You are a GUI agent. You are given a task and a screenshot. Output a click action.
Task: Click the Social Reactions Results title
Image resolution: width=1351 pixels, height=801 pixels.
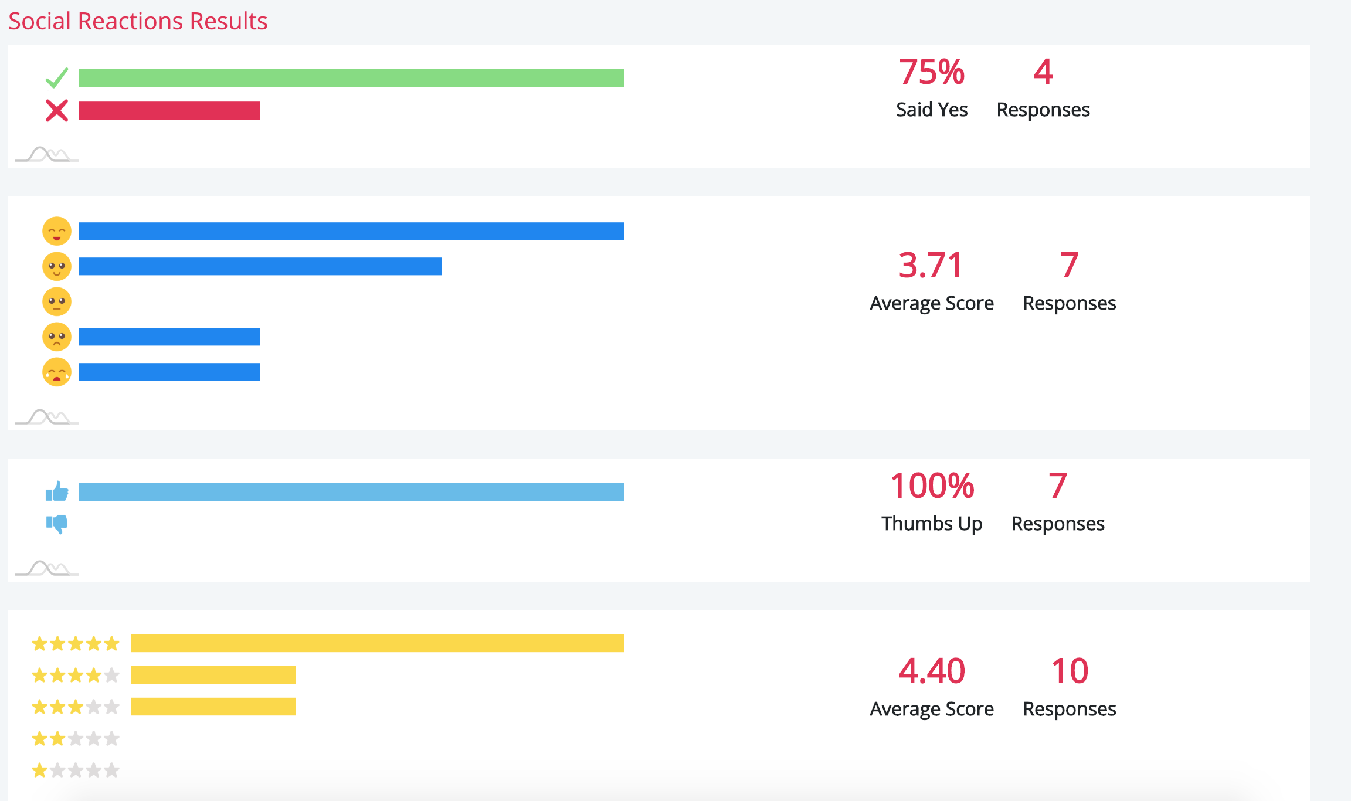coord(138,21)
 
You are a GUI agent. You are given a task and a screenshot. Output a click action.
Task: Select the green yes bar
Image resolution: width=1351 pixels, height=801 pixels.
coord(351,78)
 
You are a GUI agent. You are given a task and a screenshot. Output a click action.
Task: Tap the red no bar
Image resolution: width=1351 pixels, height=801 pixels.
coord(169,110)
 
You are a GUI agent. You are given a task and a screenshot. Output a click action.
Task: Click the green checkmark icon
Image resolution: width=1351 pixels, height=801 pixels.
coord(57,77)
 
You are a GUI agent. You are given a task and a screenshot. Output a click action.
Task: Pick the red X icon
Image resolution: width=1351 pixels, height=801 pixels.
coord(57,110)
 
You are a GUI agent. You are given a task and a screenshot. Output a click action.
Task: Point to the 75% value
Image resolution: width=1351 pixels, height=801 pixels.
coord(931,72)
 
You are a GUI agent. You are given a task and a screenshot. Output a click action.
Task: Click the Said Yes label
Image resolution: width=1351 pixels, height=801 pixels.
coord(931,110)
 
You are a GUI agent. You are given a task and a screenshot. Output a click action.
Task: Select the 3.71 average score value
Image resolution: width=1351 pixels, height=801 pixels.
coord(931,265)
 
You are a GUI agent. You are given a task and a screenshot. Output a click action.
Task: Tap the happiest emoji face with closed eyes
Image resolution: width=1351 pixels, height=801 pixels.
coord(57,231)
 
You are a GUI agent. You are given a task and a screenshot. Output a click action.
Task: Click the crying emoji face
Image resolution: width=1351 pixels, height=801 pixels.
coord(57,372)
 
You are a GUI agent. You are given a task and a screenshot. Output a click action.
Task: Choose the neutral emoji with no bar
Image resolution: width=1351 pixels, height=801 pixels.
coord(57,301)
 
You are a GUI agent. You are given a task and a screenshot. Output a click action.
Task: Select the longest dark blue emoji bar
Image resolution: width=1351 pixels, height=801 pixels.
coord(351,231)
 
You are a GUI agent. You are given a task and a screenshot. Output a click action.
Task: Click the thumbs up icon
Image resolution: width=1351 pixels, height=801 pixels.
coord(57,491)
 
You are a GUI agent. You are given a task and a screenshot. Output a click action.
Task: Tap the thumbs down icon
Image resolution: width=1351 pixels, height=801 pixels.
coord(57,523)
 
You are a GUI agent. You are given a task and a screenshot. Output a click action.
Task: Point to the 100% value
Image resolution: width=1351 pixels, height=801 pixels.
coord(932,486)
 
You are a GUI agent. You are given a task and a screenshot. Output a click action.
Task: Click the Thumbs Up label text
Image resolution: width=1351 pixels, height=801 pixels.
coord(931,524)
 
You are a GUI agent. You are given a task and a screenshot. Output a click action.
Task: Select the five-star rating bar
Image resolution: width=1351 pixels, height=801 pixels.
coord(377,643)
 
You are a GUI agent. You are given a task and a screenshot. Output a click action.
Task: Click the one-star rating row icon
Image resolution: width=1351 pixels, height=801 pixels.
coord(76,770)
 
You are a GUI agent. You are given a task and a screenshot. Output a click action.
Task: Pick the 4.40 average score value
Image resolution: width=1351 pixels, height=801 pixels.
coord(931,671)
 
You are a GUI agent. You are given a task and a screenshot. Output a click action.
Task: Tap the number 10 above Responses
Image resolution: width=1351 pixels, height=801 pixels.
coord(1070,671)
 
